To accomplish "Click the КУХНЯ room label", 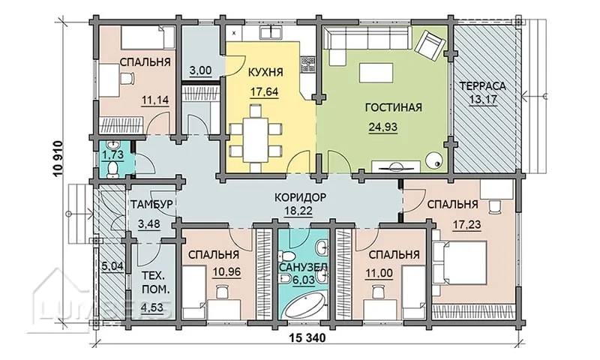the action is pos(265,72).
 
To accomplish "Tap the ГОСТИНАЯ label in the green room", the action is pos(393,107).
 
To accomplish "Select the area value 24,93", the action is pos(383,127).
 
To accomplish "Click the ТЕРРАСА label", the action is pos(483,85).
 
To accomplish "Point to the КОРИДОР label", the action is pos(301,197).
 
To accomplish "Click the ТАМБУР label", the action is pos(152,204).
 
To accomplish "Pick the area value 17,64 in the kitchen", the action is pos(265,92).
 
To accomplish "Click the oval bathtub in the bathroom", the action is pos(306,304).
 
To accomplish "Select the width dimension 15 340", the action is pos(307,338).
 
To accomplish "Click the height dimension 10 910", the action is pos(58,159).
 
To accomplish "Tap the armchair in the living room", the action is pos(430,44).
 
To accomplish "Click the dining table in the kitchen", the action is pos(256,139).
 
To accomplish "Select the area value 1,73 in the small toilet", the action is pos(110,156).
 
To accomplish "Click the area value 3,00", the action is pos(200,70).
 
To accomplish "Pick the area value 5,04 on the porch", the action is pos(113,265).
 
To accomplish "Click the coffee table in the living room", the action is pos(376,73).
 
